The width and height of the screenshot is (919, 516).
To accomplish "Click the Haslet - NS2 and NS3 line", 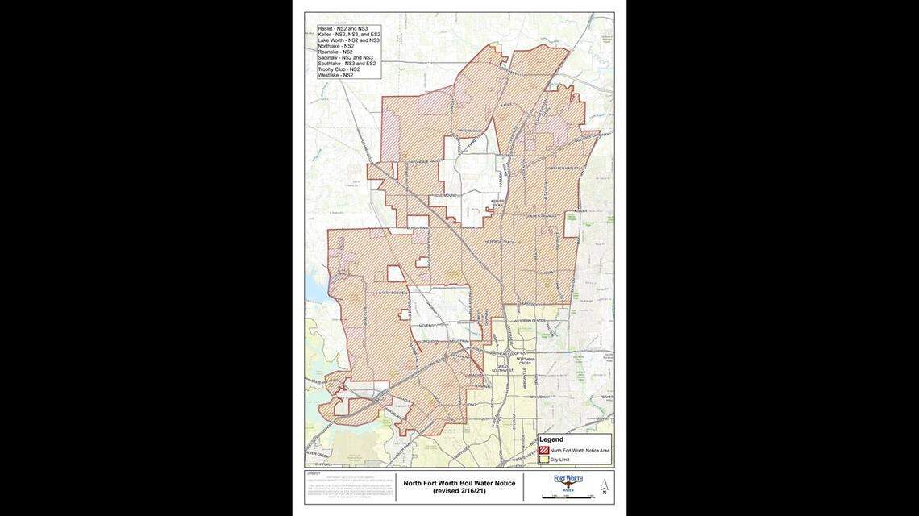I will coord(343,28).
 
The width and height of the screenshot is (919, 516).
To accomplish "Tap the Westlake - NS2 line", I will coord(335,75).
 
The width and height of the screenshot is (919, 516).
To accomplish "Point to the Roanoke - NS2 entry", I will coord(335,52).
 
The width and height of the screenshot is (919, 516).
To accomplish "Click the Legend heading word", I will coord(551,439).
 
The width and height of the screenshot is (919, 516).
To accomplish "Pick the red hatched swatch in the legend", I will coord(544,450).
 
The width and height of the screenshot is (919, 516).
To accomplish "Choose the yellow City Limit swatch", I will coord(544,460).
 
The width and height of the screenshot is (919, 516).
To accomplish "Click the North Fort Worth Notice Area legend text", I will coord(580,450).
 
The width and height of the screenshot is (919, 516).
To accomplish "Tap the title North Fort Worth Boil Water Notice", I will coord(459,483).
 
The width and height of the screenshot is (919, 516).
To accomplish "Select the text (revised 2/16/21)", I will coord(459,491).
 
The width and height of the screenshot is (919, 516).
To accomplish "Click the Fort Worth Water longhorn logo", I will coord(568,481).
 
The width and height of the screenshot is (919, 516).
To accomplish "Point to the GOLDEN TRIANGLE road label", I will coord(544,215).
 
